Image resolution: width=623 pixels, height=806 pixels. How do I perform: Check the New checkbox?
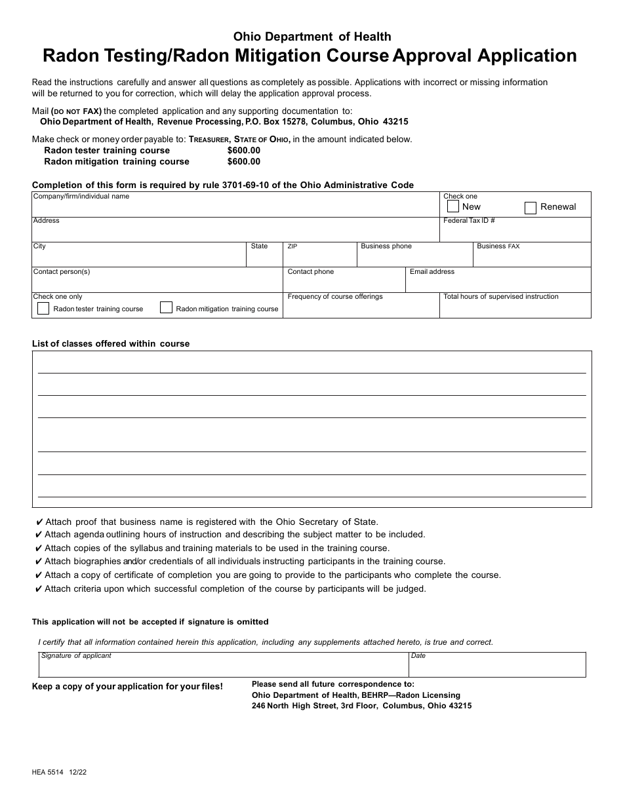click(x=452, y=206)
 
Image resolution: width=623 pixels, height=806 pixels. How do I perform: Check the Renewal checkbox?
click(x=531, y=208)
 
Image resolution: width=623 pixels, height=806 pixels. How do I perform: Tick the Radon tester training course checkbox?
click(x=43, y=308)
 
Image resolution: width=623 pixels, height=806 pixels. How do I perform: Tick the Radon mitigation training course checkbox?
click(x=167, y=307)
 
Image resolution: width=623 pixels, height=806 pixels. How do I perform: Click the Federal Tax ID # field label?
click(x=469, y=221)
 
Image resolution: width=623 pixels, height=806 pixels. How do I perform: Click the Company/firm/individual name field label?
click(x=81, y=196)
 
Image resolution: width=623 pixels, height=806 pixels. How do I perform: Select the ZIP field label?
click(x=292, y=246)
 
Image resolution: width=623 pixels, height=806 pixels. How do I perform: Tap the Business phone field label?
click(x=386, y=246)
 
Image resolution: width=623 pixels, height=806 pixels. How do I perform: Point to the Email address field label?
click(x=432, y=271)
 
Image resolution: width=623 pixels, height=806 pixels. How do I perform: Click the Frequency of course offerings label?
click(x=334, y=297)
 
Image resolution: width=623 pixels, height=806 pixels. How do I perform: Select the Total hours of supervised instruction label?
click(x=500, y=297)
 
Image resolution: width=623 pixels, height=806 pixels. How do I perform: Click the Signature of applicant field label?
click(x=76, y=655)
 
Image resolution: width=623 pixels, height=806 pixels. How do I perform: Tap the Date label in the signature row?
click(x=418, y=655)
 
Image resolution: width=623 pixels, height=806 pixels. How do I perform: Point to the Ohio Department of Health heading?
click(x=312, y=37)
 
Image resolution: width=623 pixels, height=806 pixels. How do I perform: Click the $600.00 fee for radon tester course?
click(x=243, y=150)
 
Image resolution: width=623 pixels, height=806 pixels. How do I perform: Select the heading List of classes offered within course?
click(x=111, y=343)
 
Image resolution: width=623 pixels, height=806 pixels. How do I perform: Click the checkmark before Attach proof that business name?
click(x=39, y=522)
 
